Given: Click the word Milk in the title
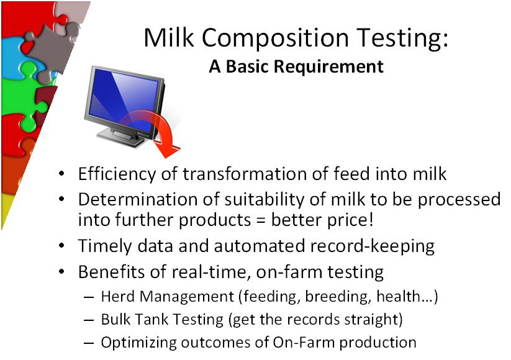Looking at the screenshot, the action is point(169,37).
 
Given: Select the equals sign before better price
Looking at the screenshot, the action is point(261,220).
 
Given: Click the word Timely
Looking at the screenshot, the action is point(104,246).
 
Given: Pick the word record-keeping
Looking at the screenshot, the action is point(372,246).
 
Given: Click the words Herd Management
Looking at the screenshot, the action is point(167,297).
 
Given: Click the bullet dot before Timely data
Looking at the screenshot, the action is point(62,246).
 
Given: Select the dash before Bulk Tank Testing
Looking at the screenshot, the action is point(89,320).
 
